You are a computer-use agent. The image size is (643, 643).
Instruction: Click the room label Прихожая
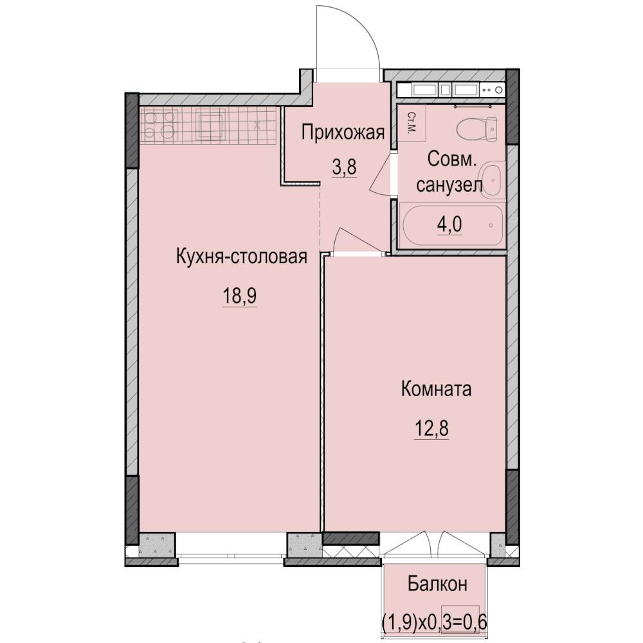[x=343, y=133]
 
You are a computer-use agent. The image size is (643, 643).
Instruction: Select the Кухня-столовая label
[x=240, y=257]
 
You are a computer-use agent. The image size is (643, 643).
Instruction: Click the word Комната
[x=436, y=389]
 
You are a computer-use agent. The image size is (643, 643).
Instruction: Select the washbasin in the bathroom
[x=491, y=180]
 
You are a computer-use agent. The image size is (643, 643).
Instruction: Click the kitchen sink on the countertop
[x=211, y=124]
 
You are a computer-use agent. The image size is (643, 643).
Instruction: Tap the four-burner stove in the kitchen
[x=158, y=125]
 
